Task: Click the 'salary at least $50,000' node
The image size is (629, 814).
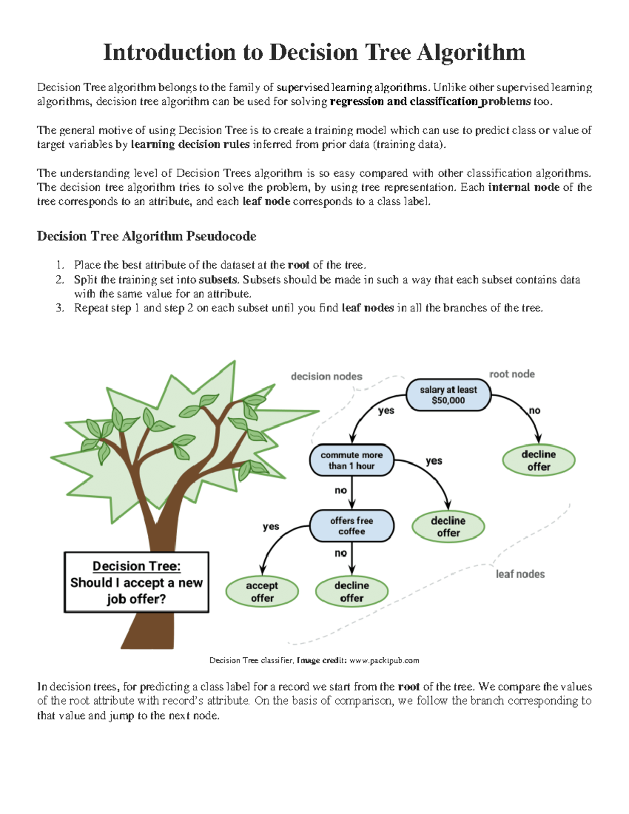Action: [448, 395]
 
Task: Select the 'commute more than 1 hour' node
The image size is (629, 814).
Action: [351, 460]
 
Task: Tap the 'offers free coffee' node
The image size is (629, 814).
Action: [351, 526]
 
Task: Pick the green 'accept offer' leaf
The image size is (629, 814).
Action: [262, 591]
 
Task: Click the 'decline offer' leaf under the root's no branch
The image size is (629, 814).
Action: [538, 460]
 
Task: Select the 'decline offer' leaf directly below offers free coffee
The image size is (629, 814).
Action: [351, 591]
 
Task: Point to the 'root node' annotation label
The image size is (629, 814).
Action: [512, 374]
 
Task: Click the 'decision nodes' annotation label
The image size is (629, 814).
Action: [326, 376]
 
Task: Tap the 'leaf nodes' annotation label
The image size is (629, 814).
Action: [520, 574]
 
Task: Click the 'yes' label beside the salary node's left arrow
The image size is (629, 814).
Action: [386, 410]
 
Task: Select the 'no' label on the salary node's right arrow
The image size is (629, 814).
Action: [534, 410]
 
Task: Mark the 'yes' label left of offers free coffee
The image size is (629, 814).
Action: [270, 526]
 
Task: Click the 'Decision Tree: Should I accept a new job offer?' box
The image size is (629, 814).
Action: [136, 582]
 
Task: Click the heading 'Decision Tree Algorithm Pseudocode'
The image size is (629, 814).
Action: [146, 236]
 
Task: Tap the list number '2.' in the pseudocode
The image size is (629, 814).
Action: [60, 279]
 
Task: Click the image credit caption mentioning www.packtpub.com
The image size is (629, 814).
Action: [314, 660]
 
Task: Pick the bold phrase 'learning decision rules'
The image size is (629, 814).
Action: [190, 145]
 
